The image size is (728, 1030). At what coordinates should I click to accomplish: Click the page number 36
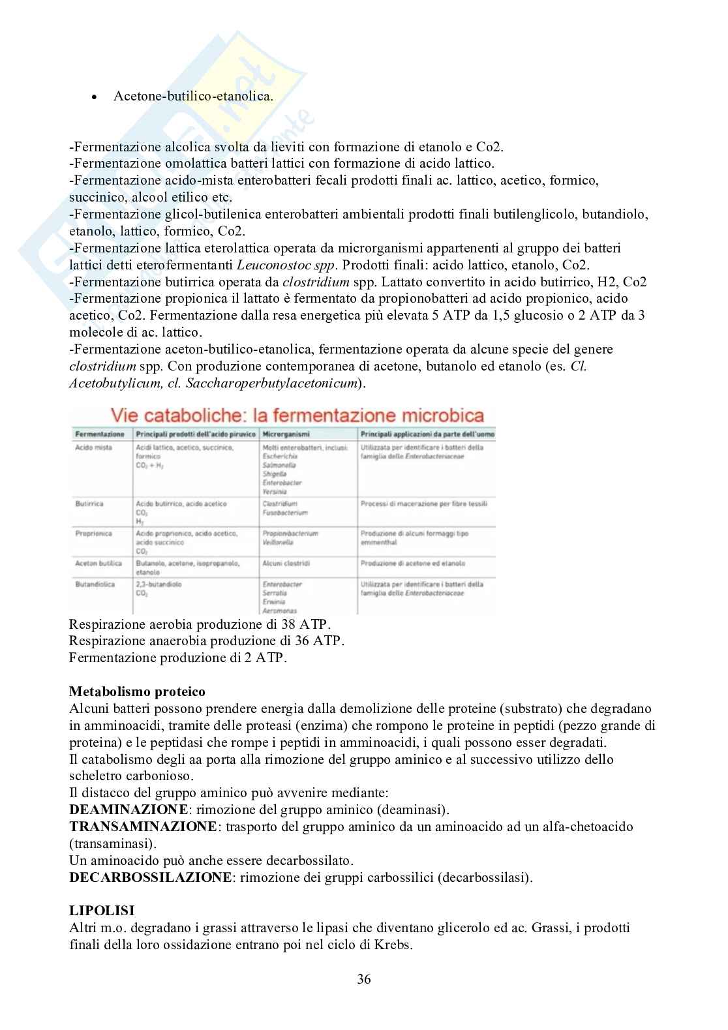click(x=364, y=978)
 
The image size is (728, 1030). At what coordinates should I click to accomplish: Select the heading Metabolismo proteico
click(x=137, y=691)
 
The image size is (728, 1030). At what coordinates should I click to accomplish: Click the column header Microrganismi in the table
click(x=286, y=434)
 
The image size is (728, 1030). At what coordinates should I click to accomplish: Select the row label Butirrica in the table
click(x=89, y=504)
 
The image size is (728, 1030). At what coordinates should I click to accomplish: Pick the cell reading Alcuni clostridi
click(x=286, y=563)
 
